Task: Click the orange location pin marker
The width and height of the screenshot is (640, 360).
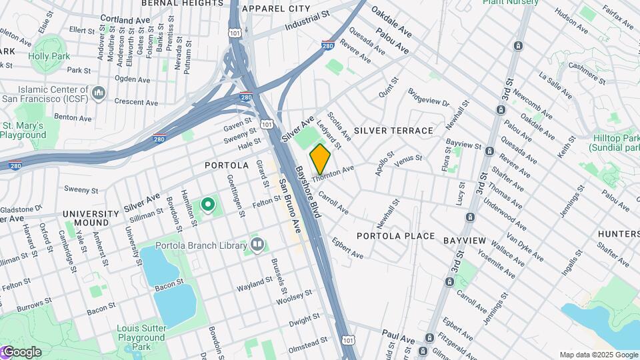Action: (320, 159)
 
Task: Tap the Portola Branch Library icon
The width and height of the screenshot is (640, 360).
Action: (257, 245)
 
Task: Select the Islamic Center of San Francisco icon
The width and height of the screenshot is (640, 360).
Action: (99, 92)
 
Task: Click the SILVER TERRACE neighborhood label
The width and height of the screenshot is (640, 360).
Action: (394, 130)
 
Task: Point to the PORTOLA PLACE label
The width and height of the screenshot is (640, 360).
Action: (396, 236)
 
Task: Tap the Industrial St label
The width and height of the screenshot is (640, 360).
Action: (307, 21)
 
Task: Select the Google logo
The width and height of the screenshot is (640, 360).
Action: (21, 352)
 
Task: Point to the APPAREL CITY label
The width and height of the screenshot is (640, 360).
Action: (276, 9)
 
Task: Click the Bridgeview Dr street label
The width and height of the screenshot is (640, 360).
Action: (429, 98)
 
